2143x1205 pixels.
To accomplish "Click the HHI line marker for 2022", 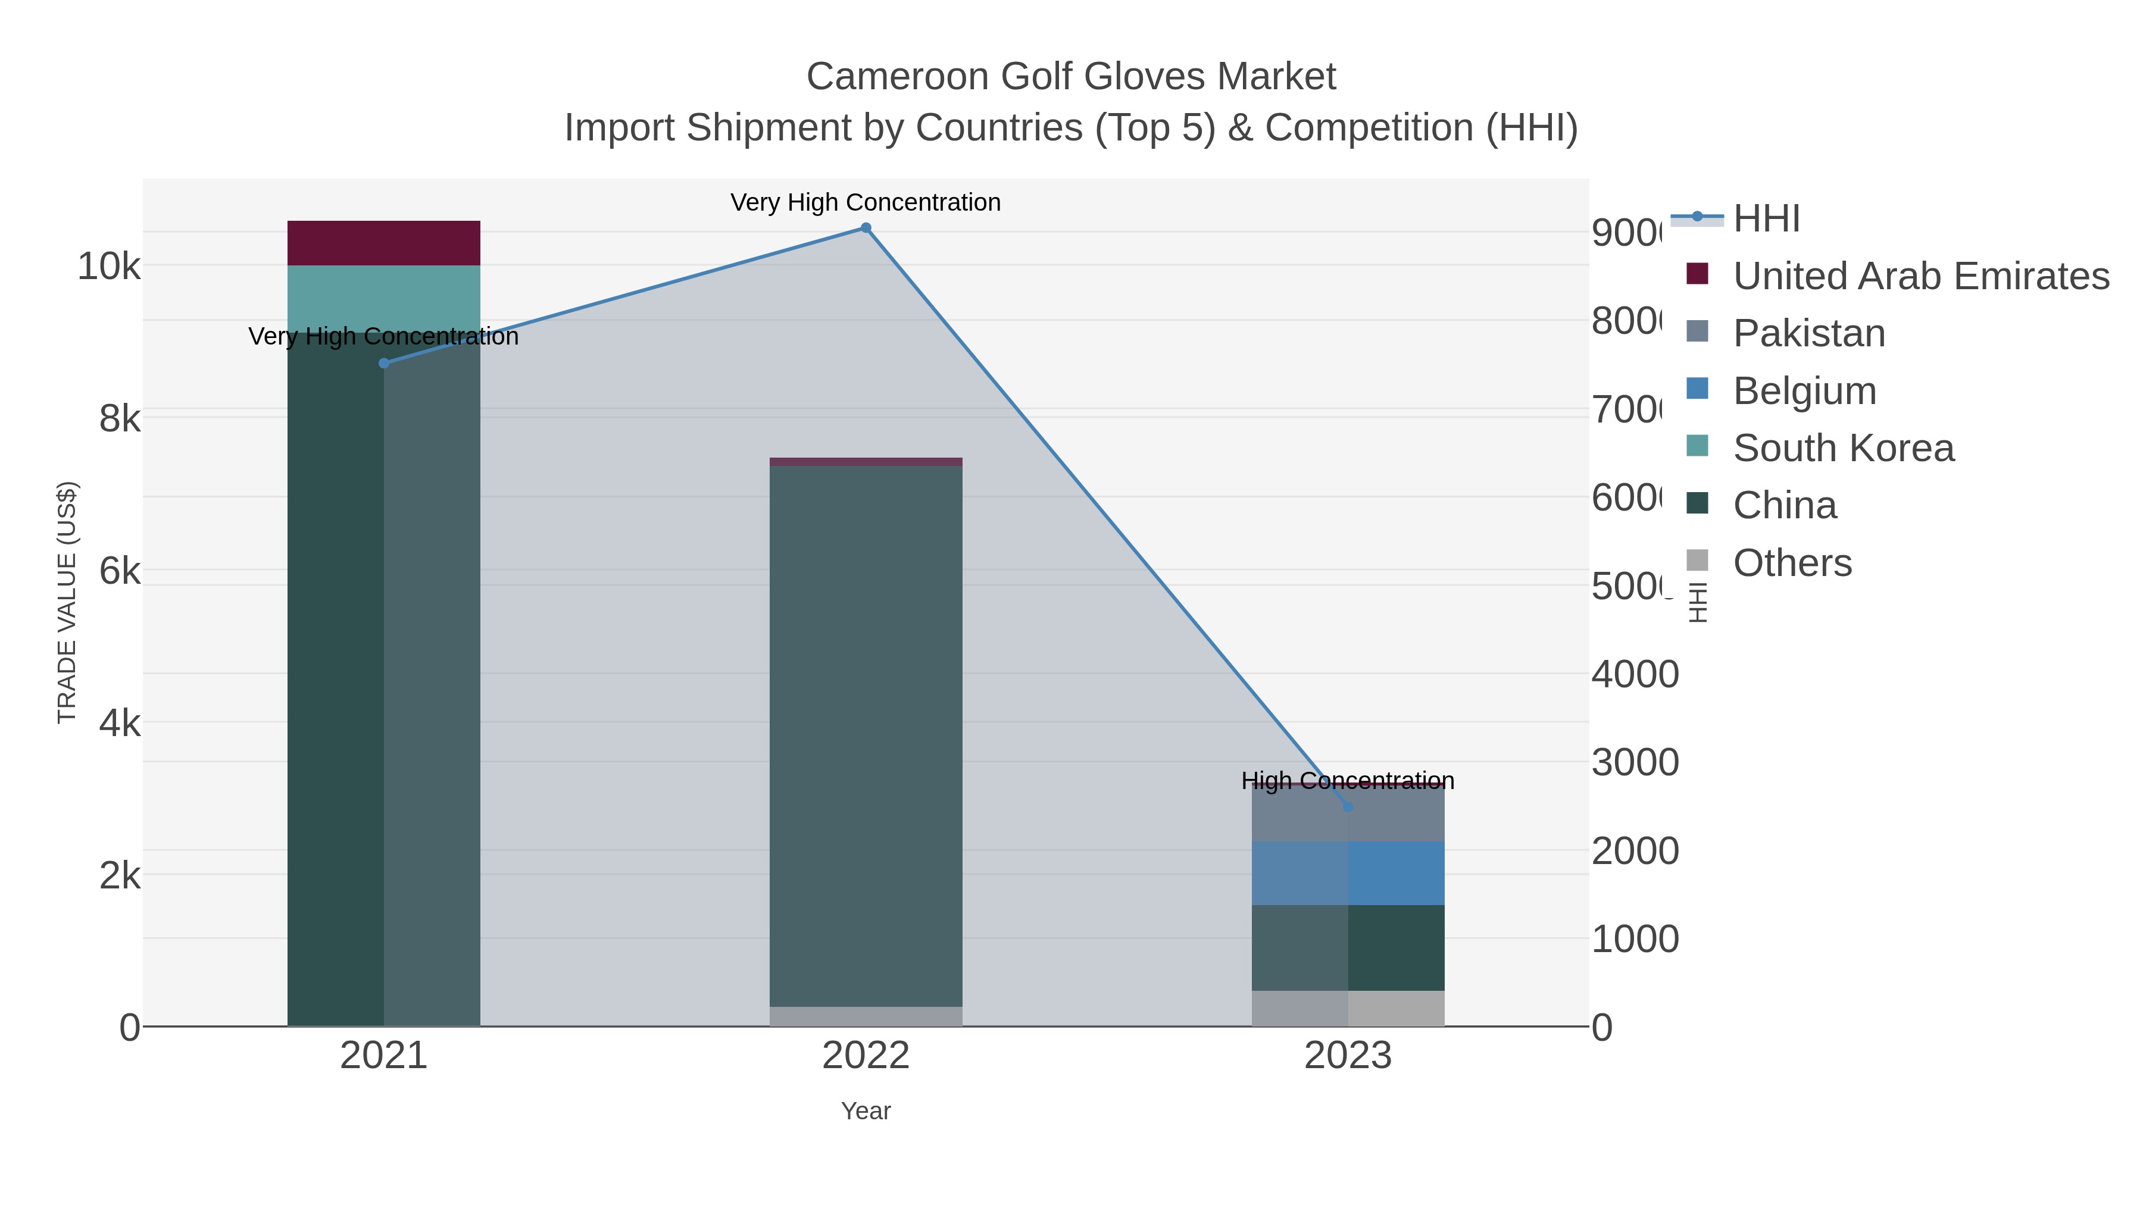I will point(865,228).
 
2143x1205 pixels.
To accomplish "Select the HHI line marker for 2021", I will point(383,364).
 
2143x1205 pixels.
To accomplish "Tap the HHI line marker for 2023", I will point(1348,807).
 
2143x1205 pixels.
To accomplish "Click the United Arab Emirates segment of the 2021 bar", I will point(383,243).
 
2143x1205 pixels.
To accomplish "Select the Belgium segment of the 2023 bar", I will point(1348,872).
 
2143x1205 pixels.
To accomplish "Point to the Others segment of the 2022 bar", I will point(865,1016).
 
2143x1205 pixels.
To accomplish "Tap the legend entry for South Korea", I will point(1842,448).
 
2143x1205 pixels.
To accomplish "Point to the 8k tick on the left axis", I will point(119,419).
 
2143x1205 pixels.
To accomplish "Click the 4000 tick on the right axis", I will point(1635,674).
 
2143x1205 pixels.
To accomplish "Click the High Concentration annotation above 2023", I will point(1348,781).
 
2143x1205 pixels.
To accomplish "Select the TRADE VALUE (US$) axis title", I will point(67,602).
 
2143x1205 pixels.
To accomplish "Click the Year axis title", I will point(865,1111).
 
